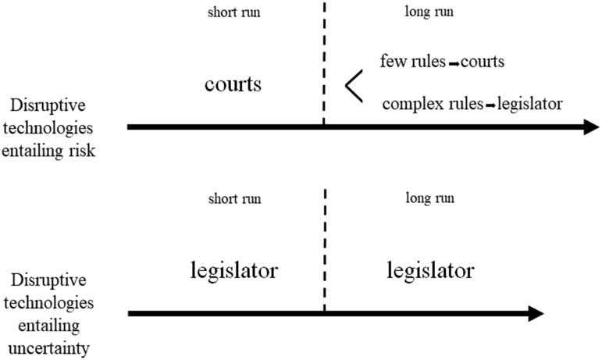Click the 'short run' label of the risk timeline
pyautogui.click(x=235, y=12)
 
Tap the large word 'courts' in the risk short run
pyautogui.click(x=233, y=84)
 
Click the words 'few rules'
pyautogui.click(x=411, y=60)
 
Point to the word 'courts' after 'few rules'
pyautogui.click(x=483, y=60)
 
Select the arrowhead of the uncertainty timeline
pyautogui.click(x=535, y=313)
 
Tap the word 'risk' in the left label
pyautogui.click(x=80, y=151)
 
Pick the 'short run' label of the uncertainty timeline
pyautogui.click(x=235, y=198)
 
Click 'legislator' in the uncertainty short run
pyautogui.click(x=234, y=271)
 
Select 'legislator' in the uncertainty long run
pyautogui.click(x=429, y=271)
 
